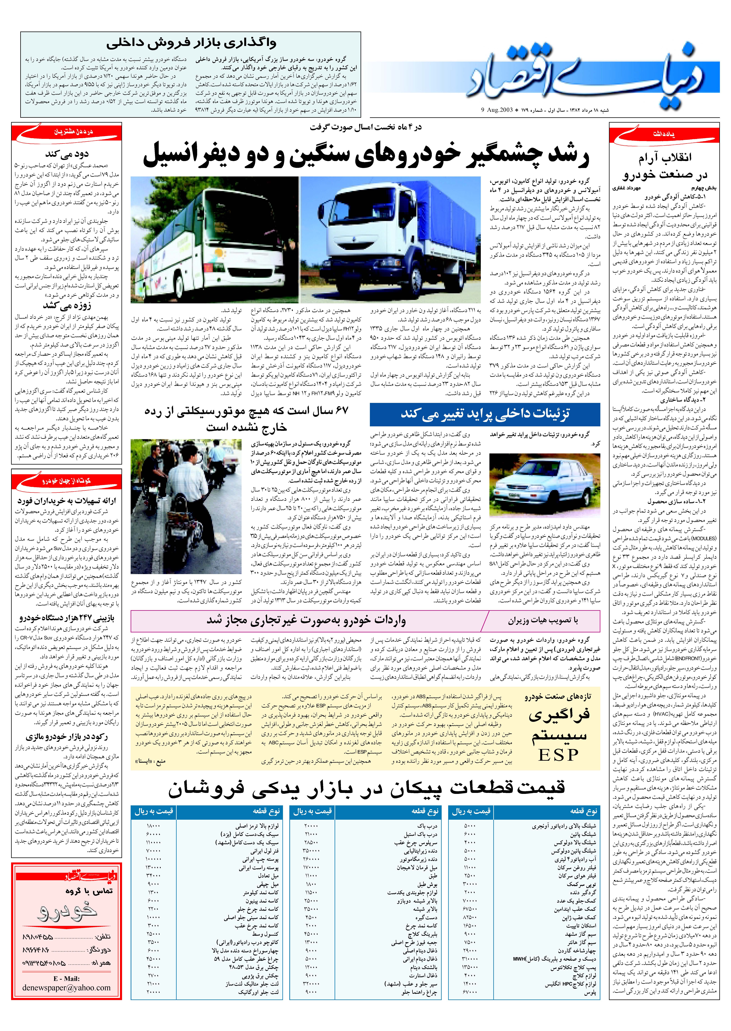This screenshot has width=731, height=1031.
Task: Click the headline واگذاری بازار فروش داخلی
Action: pos(191,44)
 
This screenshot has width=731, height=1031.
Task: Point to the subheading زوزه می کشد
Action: pos(67,306)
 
